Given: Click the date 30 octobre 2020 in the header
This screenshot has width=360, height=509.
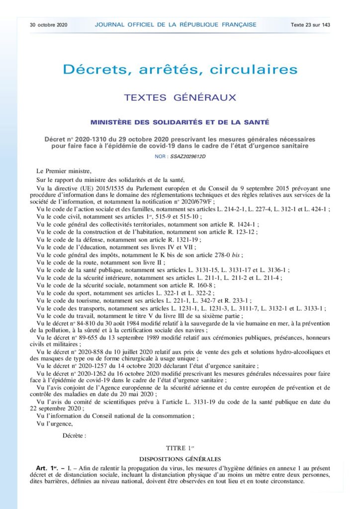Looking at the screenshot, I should click(48, 24).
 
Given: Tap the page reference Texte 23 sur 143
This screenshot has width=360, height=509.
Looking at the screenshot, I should click(311, 24).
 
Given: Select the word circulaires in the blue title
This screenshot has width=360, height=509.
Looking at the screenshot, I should click(255, 69).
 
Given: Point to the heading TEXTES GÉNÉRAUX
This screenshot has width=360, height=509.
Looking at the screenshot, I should click(180, 97).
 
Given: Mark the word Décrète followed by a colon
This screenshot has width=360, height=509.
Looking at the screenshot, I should click(73, 435).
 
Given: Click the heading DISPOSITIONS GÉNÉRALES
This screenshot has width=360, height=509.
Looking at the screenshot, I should click(180, 459).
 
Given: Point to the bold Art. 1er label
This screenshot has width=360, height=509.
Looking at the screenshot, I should click(47, 469).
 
